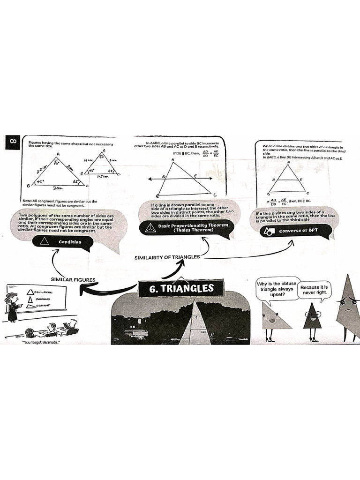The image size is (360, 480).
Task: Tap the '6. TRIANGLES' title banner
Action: [181, 289]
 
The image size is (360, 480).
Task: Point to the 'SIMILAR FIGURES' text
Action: [73, 280]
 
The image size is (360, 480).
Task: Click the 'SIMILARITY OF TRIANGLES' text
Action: [167, 257]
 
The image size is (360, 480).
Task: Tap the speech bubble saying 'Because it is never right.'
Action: [315, 289]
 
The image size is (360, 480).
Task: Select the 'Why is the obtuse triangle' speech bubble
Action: [276, 290]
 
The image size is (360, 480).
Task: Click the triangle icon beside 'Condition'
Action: [45, 242]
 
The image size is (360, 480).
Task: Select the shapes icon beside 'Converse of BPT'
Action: [269, 232]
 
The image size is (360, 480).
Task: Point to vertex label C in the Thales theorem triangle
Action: [215, 195]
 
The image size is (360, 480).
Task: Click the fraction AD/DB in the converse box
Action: [273, 202]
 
